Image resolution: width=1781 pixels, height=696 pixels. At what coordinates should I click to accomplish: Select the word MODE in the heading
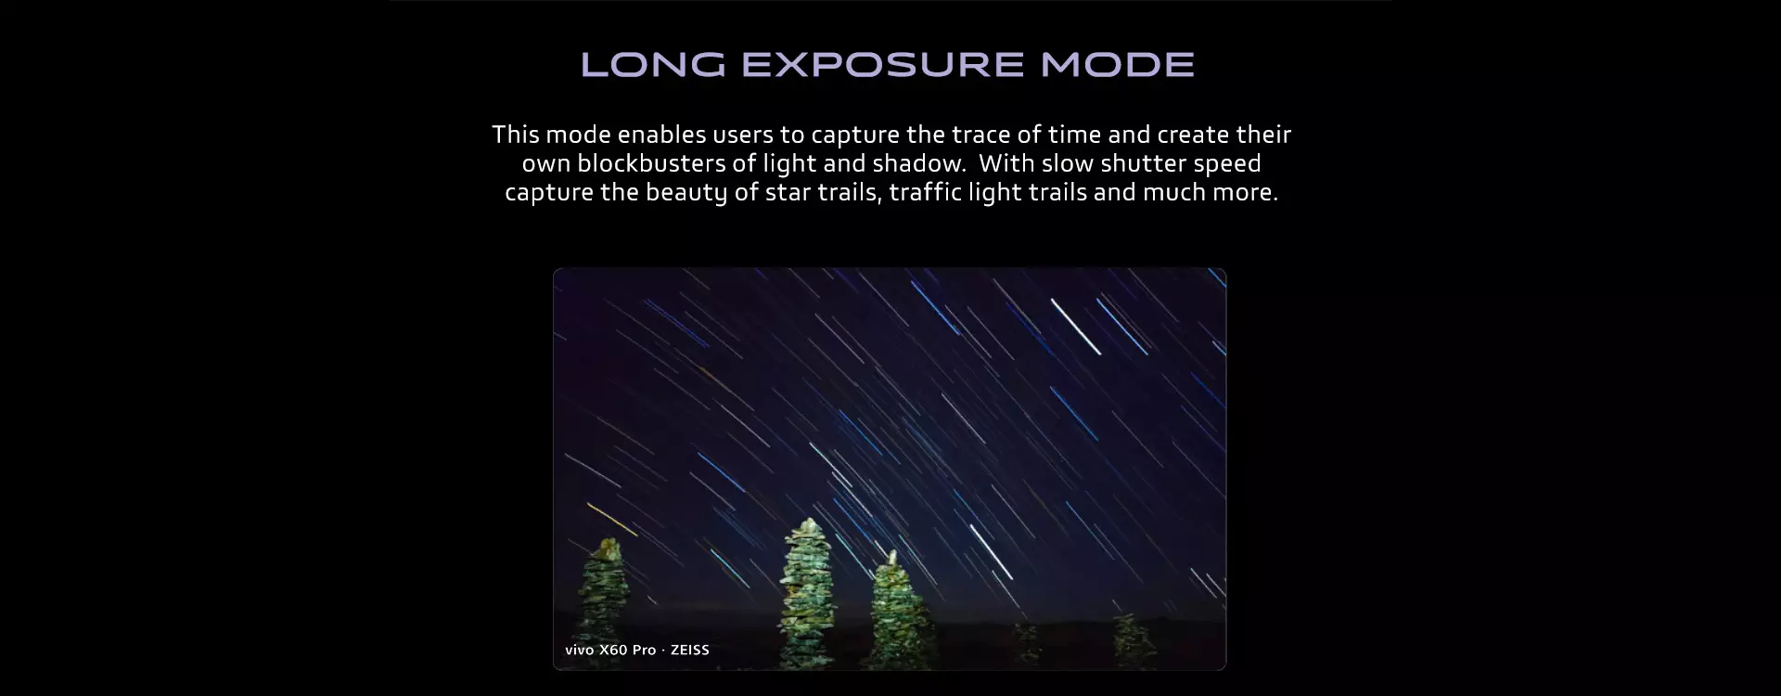[1118, 64]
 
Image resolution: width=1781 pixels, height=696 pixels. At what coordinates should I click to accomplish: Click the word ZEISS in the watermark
[690, 650]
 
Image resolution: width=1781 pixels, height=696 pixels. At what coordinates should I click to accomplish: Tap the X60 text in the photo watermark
[614, 650]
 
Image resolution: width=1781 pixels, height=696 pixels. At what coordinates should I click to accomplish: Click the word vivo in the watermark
[580, 650]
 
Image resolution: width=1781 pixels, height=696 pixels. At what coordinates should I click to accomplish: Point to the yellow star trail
[612, 520]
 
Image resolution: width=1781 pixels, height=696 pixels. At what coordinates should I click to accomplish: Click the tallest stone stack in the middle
[810, 594]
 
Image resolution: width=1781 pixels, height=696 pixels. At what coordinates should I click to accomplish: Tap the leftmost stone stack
[602, 603]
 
